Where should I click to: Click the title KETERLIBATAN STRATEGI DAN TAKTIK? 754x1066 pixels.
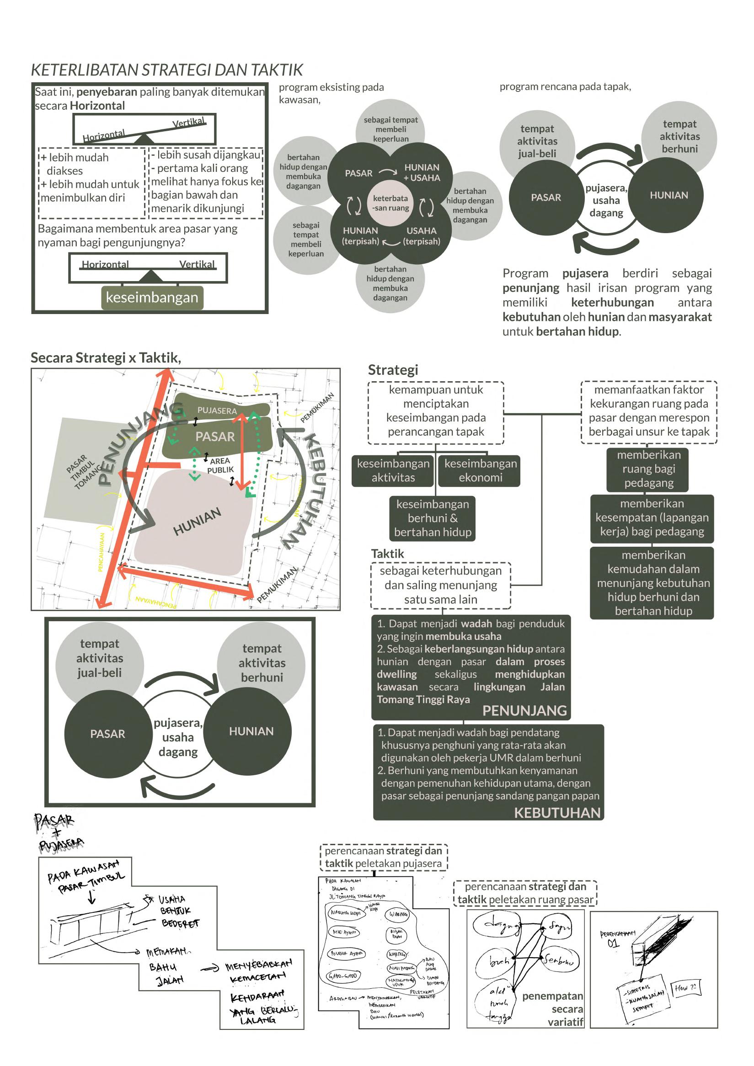coord(167,70)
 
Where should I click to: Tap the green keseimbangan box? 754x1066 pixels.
coord(152,297)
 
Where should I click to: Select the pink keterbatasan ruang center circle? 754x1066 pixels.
coord(390,203)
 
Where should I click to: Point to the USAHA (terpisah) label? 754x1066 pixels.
coord(422,236)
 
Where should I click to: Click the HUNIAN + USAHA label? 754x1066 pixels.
coord(422,172)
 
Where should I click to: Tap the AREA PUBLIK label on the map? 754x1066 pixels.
coord(220,465)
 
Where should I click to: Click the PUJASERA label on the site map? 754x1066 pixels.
coord(217,410)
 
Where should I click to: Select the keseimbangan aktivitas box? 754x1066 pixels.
coord(393,470)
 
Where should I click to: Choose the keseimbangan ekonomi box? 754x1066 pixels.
coord(480,470)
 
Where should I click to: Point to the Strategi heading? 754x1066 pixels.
coord(393,370)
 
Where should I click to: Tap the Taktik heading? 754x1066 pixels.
coord(387,554)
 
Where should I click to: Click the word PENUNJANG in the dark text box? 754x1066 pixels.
coord(524,710)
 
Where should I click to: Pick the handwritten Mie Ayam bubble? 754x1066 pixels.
coord(344,932)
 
